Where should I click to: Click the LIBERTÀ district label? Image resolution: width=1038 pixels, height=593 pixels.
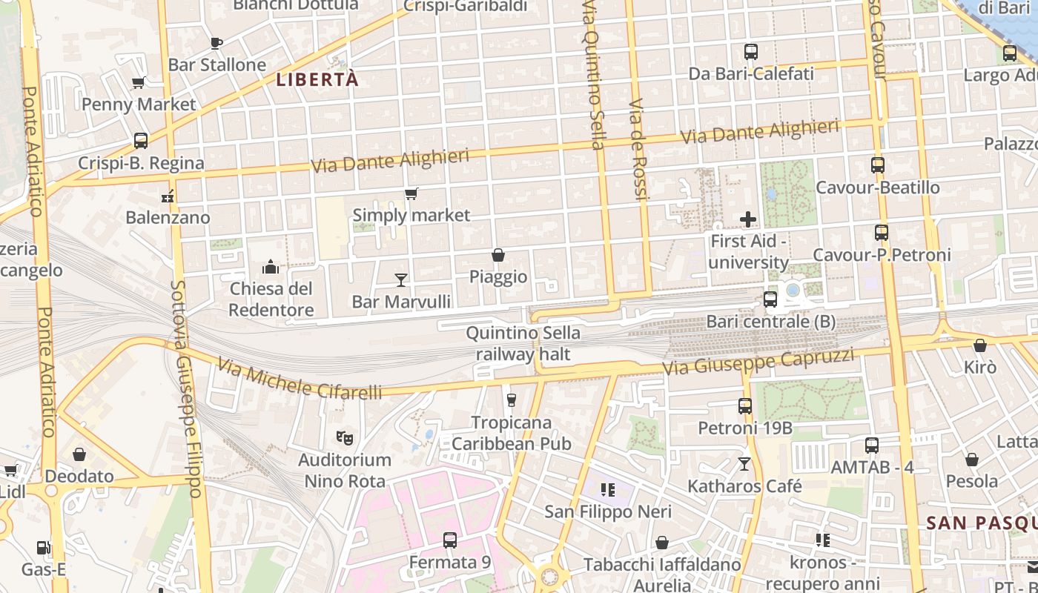[317, 79]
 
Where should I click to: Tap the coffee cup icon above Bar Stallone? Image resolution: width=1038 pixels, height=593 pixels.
[216, 43]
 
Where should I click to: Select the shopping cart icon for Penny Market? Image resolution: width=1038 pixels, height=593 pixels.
[138, 83]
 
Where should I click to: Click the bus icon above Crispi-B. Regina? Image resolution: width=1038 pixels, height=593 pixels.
[140, 141]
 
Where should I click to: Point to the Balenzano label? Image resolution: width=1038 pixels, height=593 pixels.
[168, 217]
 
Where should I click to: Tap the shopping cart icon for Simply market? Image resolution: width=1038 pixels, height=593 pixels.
[411, 194]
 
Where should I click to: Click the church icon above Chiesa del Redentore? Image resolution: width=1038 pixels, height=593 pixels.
[271, 267]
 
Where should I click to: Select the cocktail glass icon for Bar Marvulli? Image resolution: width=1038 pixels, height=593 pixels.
[401, 279]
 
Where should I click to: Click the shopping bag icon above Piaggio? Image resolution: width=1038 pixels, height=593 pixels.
[498, 255]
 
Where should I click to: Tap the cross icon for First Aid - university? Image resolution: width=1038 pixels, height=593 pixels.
[748, 219]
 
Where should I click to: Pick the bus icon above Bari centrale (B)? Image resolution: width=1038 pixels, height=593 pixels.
[770, 299]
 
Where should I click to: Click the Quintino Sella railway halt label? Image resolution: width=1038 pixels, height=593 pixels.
[523, 344]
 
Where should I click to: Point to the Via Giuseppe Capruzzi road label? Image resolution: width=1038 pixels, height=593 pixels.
[758, 362]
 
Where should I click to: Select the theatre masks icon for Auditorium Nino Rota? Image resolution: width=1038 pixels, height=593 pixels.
[344, 438]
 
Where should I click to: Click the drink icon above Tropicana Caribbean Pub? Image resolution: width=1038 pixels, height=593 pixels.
[511, 400]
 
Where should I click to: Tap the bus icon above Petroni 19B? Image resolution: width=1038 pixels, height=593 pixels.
[745, 406]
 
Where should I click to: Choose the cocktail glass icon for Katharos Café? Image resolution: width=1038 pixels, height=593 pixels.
[744, 464]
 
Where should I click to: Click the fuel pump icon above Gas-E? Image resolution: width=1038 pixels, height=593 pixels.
[44, 549]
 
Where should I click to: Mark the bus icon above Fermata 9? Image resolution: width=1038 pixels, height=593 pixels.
[449, 540]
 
